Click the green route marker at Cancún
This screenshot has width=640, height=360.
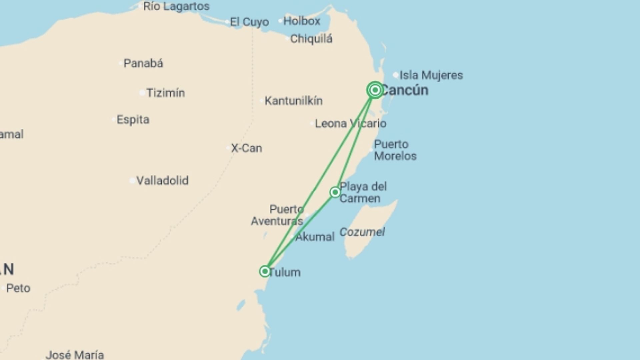pos(375,90)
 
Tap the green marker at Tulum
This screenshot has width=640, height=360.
pos(265,271)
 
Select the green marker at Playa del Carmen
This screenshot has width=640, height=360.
pos(335,192)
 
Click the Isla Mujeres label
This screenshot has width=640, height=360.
pos(431,75)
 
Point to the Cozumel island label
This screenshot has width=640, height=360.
pos(362,232)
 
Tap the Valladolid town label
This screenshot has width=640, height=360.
pos(162,181)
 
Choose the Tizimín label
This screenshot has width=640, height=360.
pos(166,93)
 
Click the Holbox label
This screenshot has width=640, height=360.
pos(302,21)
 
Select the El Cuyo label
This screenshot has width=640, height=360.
pos(249,22)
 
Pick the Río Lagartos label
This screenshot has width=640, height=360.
pos(176,6)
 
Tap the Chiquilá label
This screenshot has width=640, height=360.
pos(311,39)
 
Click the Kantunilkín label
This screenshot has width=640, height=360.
pos(293,101)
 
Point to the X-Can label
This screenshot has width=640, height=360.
pos(247,148)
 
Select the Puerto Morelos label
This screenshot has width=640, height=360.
pos(395,150)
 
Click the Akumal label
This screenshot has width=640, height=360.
pos(315,237)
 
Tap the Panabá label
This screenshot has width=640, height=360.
pos(143,63)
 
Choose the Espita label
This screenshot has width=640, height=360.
pos(133,120)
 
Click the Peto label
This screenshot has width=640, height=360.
pos(18,288)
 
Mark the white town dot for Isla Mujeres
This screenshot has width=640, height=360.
pos(396,75)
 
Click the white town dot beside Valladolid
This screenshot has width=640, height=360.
pos(132,181)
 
